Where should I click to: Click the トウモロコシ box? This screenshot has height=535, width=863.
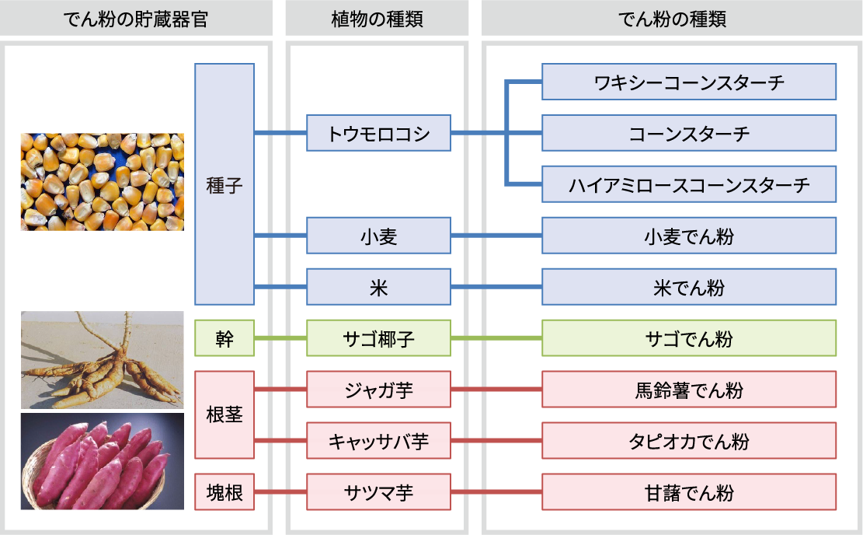click(x=378, y=133)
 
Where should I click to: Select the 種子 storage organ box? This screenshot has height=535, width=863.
click(x=224, y=184)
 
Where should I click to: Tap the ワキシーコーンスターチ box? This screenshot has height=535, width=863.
click(x=688, y=82)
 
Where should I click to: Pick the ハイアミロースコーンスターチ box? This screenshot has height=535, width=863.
click(x=688, y=184)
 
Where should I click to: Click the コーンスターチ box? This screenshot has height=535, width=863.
click(x=688, y=133)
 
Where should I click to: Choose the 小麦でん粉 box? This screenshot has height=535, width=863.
click(x=688, y=236)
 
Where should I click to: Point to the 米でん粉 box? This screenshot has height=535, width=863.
click(x=688, y=287)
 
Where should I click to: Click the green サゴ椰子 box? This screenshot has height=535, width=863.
click(x=378, y=338)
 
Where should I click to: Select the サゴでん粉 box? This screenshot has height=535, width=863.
click(x=688, y=338)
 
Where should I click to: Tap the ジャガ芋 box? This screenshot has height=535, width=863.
click(x=378, y=390)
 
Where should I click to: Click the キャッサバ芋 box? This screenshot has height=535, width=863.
click(x=378, y=441)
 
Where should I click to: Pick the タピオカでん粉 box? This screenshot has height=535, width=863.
click(x=688, y=441)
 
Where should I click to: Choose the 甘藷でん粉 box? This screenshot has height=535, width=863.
click(x=688, y=492)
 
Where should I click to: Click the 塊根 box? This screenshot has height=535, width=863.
click(x=224, y=492)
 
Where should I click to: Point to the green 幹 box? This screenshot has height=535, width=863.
click(x=224, y=338)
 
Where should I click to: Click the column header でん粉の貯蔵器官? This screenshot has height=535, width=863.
click(x=136, y=19)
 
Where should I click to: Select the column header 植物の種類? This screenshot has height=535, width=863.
click(x=377, y=19)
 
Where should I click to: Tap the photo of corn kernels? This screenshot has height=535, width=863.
click(x=102, y=181)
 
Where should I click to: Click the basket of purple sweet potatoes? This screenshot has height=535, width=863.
click(x=102, y=461)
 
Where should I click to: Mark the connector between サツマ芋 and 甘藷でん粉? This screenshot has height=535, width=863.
click(x=496, y=492)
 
